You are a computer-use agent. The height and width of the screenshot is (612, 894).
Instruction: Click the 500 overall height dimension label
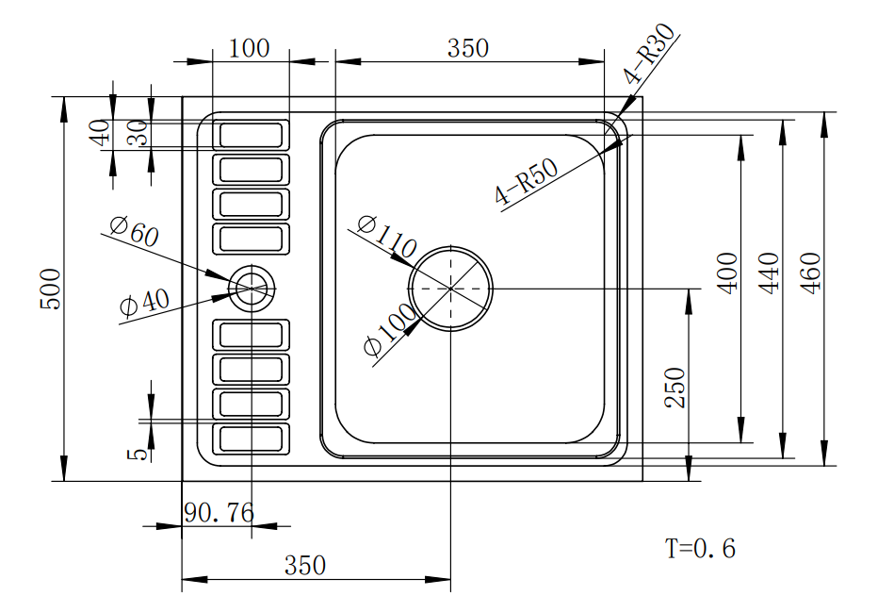pos(52,288)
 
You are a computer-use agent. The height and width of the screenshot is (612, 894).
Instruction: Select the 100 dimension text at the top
pos(250,48)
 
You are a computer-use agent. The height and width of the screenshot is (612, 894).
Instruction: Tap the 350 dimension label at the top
pos(468,48)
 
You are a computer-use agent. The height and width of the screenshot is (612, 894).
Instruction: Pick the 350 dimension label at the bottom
pos(305,565)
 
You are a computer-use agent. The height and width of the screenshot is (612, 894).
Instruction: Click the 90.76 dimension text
pos(219,513)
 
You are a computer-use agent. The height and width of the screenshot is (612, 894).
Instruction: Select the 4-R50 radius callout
pos(527,182)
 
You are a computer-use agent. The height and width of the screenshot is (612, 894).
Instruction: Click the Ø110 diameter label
pos(387,238)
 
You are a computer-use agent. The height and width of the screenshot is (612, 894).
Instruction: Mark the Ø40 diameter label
pos(144,303)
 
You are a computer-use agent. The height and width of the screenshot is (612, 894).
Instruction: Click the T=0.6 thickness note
pos(700,548)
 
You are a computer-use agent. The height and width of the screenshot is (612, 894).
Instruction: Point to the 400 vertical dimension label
pos(727,273)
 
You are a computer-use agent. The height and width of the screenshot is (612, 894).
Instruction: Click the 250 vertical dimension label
pos(675,388)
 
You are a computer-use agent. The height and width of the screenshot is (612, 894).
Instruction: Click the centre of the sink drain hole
pos(450,288)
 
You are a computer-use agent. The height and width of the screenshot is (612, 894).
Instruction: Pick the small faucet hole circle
pos(252,287)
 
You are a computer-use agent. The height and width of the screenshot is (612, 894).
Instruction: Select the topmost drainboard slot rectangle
pos(251,135)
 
